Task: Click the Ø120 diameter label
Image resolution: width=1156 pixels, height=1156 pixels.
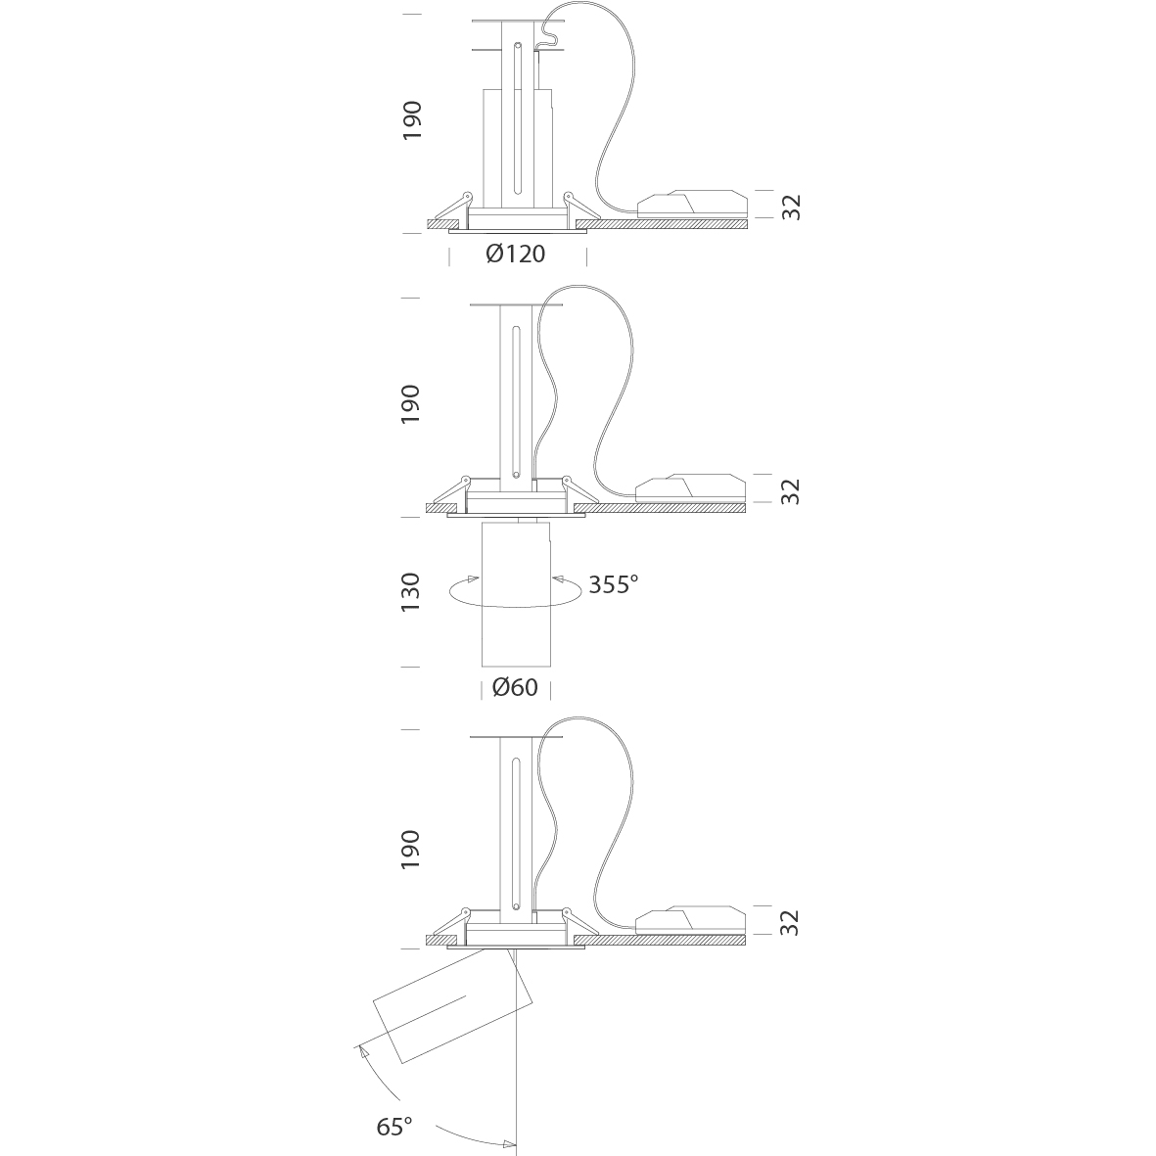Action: click(x=515, y=254)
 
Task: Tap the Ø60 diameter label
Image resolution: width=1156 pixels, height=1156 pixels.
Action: click(x=515, y=687)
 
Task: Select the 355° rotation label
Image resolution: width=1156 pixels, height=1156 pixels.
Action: click(x=614, y=584)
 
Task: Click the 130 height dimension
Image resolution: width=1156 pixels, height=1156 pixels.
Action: click(x=410, y=591)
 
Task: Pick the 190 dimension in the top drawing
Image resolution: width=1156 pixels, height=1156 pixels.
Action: click(x=411, y=120)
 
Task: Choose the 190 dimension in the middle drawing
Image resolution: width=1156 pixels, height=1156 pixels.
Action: click(x=410, y=404)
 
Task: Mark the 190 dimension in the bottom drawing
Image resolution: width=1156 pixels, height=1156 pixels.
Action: click(x=410, y=850)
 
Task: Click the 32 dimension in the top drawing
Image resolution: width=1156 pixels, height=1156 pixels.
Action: click(x=791, y=208)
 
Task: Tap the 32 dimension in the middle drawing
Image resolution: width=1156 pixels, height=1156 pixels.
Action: click(x=790, y=491)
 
